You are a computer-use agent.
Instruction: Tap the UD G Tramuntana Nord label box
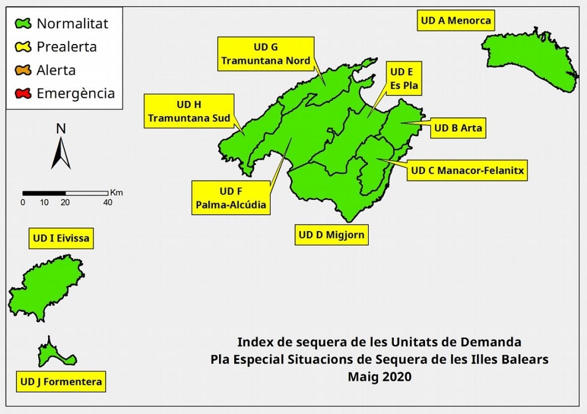[x=265, y=53]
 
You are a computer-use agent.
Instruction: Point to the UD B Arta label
[x=458, y=128]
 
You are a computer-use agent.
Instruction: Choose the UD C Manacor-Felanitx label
[x=467, y=171]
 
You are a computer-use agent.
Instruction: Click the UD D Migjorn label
[x=332, y=235]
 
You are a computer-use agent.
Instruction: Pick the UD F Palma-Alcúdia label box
[x=231, y=198]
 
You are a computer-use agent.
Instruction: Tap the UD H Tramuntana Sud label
[x=189, y=111]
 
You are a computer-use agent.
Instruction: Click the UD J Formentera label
[x=61, y=382]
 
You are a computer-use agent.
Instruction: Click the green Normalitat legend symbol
[x=23, y=24]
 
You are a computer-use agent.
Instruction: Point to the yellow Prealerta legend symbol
[x=23, y=47]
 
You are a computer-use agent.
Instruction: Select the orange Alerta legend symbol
[x=23, y=70]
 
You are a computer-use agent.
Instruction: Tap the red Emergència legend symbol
[x=23, y=93]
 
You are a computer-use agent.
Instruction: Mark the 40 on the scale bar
[x=107, y=203]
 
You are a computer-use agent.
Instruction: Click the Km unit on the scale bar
[x=116, y=192]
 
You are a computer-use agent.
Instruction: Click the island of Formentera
[x=49, y=352]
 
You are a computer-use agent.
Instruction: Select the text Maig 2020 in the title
[x=379, y=376]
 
